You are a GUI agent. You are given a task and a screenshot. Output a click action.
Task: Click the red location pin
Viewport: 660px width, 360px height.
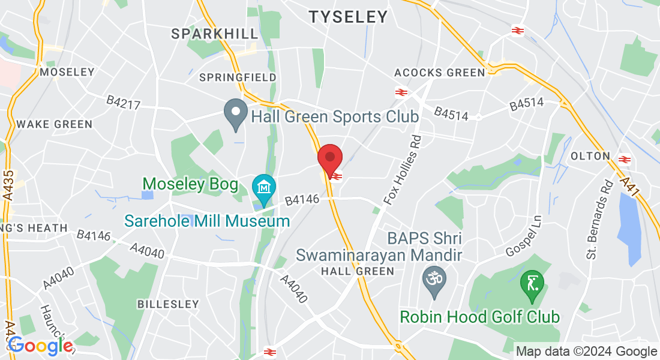(x=329, y=158)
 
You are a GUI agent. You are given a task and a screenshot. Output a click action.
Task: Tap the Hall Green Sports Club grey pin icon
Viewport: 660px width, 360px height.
(x=236, y=113)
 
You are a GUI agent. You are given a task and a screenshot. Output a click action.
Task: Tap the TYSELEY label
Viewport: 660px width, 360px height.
(x=349, y=17)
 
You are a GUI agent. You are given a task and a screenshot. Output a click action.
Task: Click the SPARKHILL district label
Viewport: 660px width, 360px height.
(x=215, y=34)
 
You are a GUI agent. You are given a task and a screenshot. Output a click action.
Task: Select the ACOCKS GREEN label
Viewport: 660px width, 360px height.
(x=439, y=73)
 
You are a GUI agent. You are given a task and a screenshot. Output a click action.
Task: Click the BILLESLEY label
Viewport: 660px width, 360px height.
(x=168, y=304)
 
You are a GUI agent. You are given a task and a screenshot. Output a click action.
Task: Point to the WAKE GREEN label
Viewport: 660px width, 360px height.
(x=55, y=124)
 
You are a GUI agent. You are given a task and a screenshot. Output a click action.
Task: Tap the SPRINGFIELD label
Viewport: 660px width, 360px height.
(x=238, y=77)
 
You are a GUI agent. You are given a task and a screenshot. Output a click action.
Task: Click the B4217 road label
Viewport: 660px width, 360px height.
(x=124, y=103)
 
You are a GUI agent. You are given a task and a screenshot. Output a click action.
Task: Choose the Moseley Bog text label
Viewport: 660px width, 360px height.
(x=190, y=184)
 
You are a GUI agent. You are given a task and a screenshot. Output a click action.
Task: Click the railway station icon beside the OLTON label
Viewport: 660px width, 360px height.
(x=625, y=159)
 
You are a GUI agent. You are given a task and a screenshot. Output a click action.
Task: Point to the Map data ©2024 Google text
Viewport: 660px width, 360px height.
(x=586, y=352)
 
